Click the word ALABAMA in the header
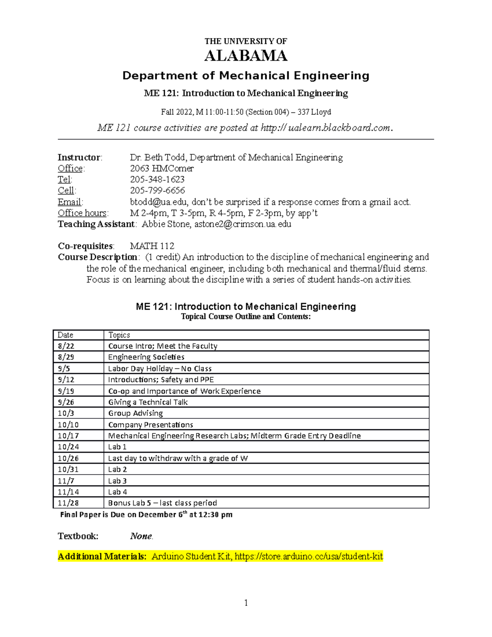pos(246,56)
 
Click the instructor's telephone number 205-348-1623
pos(157,180)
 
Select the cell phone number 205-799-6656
pos(157,191)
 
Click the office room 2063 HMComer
pos(162,169)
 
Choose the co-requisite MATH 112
pos(152,246)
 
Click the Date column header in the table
pos(66,335)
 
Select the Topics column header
pos(119,335)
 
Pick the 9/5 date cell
pos(64,368)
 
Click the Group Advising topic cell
pos(135,413)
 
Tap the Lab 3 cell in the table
pos(117,481)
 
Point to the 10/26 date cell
pos(68,458)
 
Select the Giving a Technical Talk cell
pos(148,402)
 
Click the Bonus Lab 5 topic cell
pos(162,503)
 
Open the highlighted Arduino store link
pos(309,557)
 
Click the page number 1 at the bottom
pos(246,603)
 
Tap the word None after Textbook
pos(141,536)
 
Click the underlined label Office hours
pos(82,213)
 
